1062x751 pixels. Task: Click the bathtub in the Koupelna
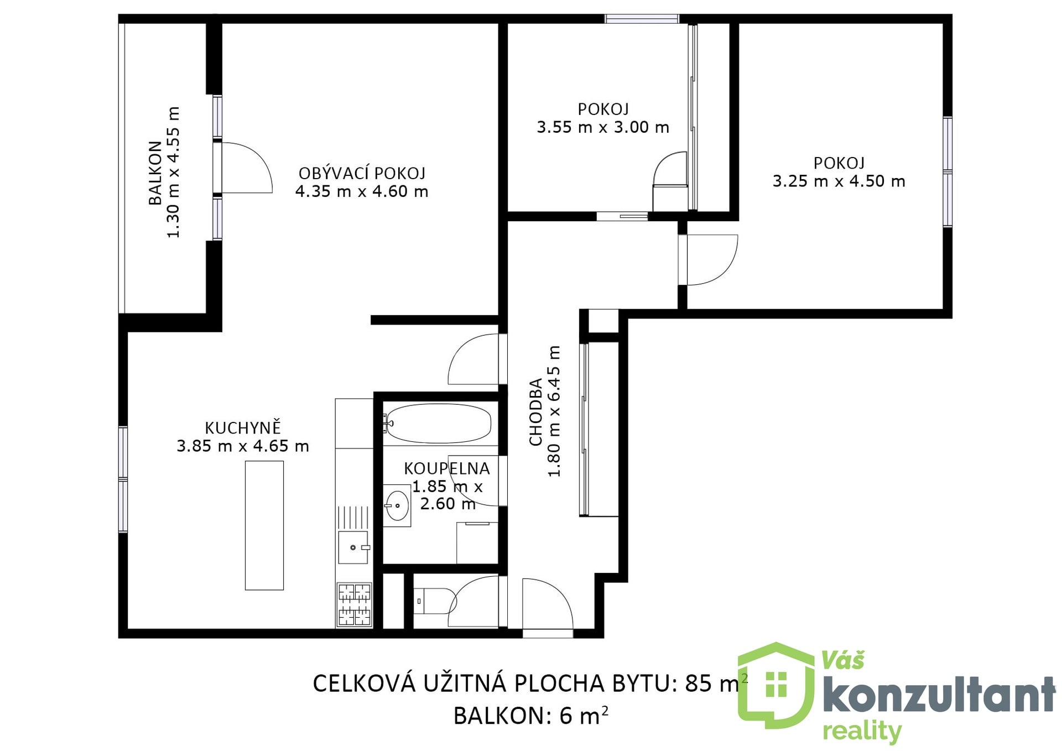click(x=438, y=424)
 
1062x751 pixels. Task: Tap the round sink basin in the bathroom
click(x=397, y=505)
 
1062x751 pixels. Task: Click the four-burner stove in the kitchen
click(x=354, y=604)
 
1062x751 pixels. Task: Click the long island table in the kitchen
click(x=264, y=525)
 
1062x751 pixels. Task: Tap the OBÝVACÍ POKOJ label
click(x=362, y=174)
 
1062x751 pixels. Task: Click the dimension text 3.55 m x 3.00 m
click(x=603, y=128)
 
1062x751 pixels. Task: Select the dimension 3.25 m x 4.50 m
click(x=839, y=181)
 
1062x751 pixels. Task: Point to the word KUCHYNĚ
click(x=243, y=428)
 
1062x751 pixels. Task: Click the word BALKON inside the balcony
click(x=155, y=173)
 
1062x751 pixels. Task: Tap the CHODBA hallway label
click(x=535, y=412)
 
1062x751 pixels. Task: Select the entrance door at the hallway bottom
click(x=548, y=605)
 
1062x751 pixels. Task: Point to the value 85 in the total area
click(x=698, y=684)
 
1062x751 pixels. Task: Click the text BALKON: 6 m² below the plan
click(x=530, y=716)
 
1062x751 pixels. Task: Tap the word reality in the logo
click(x=861, y=732)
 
